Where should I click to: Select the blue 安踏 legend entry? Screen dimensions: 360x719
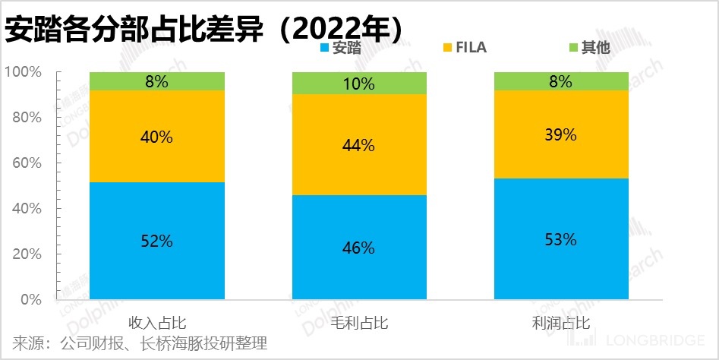341,48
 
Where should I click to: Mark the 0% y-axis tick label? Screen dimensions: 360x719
30,300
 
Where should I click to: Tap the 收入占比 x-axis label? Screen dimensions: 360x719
157,322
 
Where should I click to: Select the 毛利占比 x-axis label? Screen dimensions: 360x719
360,322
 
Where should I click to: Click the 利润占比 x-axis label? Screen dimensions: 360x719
562,322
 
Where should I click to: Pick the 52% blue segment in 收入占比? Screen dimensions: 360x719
157,242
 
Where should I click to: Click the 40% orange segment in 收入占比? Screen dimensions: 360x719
157,137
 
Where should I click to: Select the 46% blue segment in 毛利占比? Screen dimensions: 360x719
360,248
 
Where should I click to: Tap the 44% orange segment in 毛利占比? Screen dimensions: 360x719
360,144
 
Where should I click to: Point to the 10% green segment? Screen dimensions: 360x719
360,83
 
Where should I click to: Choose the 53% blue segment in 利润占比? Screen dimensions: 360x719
562,239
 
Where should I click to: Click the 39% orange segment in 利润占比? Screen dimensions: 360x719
562,134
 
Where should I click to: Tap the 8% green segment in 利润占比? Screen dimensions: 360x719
562,81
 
